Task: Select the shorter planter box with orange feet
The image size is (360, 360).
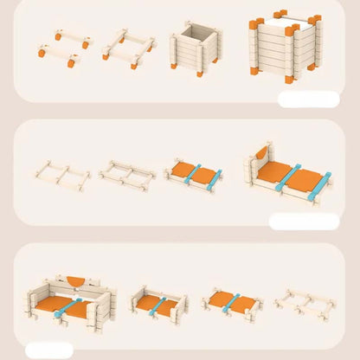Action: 197,48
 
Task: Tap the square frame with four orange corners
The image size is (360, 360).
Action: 129,49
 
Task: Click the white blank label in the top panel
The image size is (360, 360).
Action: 309,99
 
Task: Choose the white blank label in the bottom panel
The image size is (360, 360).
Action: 49,350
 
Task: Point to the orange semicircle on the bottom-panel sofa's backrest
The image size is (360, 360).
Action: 75,282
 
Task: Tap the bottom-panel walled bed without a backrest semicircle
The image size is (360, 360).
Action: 158,304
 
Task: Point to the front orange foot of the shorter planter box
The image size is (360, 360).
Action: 200,74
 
